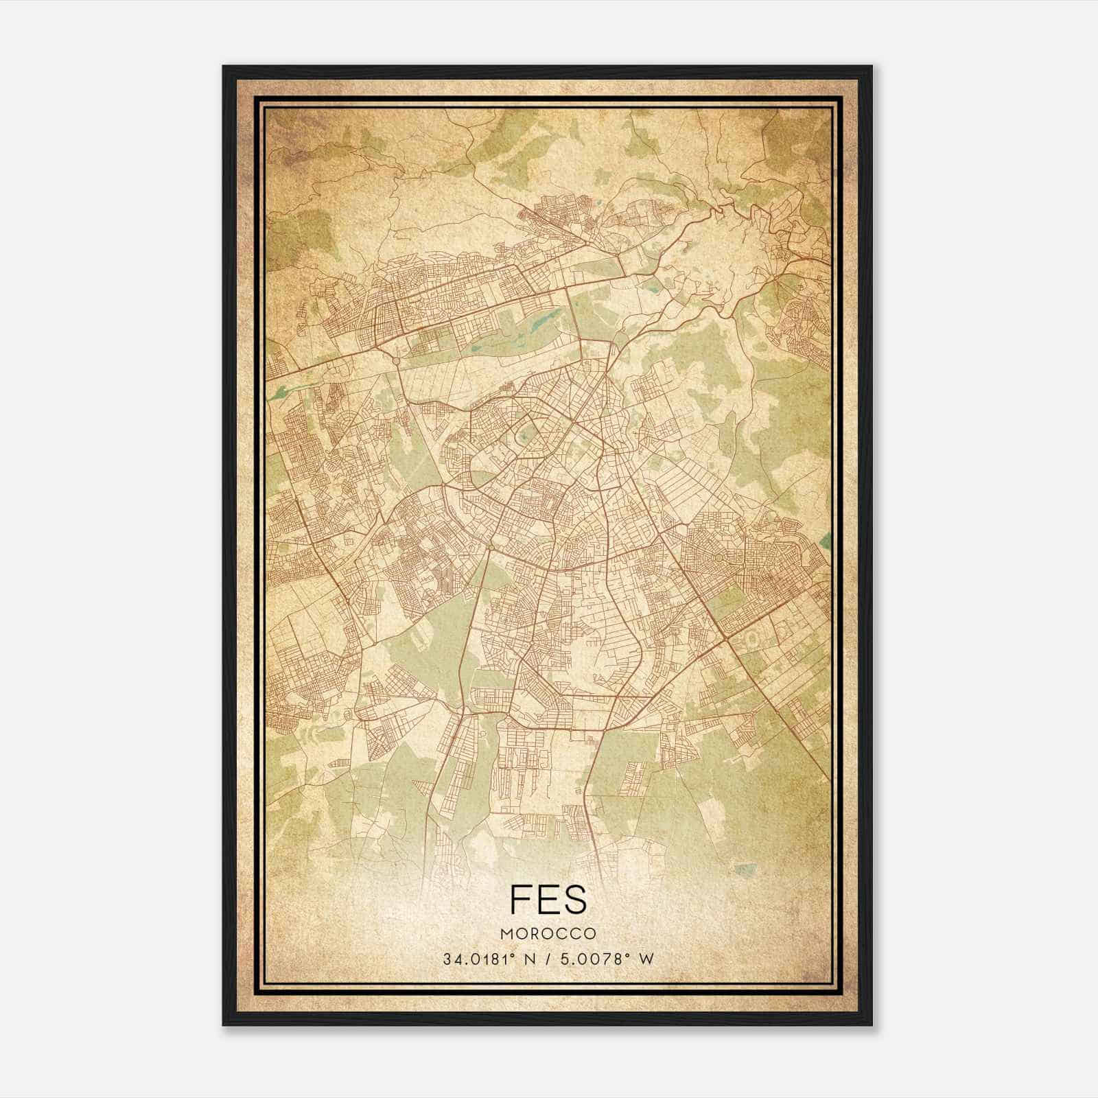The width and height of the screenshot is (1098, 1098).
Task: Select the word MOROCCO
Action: [x=548, y=934]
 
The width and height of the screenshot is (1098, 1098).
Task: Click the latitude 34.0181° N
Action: [x=489, y=959]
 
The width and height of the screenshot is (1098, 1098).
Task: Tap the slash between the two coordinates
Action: [x=547, y=959]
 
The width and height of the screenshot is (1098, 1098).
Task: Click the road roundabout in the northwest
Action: [x=396, y=360]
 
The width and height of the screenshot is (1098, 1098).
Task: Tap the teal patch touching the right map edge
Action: [x=827, y=539]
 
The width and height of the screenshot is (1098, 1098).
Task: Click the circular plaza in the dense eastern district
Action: [x=719, y=558]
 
